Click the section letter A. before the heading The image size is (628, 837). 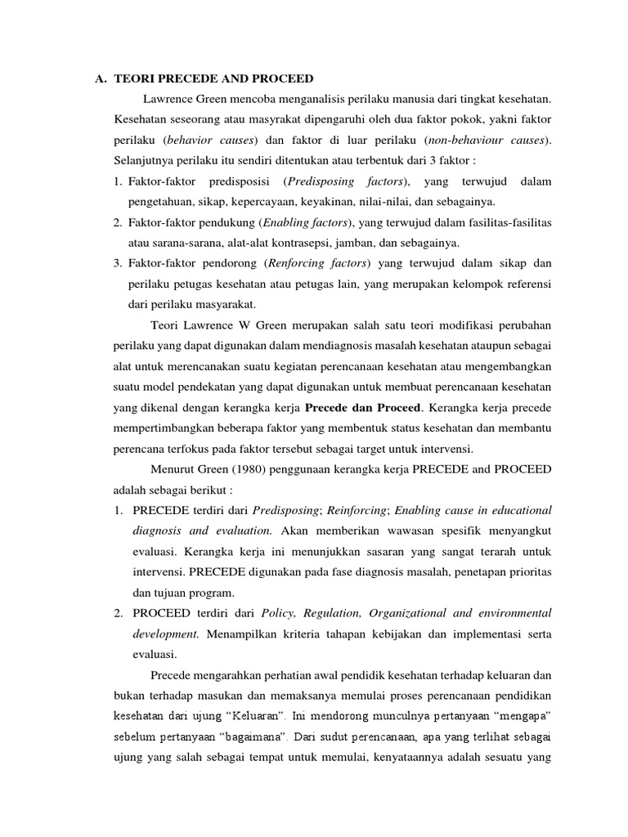101,79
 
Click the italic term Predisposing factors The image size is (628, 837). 344,181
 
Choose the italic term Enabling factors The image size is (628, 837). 306,222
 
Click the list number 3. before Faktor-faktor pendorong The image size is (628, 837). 118,263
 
